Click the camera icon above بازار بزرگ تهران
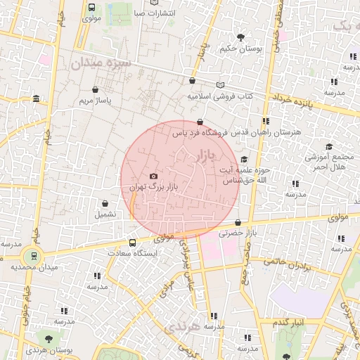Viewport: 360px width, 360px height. [153, 176]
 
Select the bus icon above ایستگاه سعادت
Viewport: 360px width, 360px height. [132, 242]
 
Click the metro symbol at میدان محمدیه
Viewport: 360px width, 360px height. [30, 256]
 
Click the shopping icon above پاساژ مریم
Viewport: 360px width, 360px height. [95, 90]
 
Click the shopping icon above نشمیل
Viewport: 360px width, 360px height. [105, 203]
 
